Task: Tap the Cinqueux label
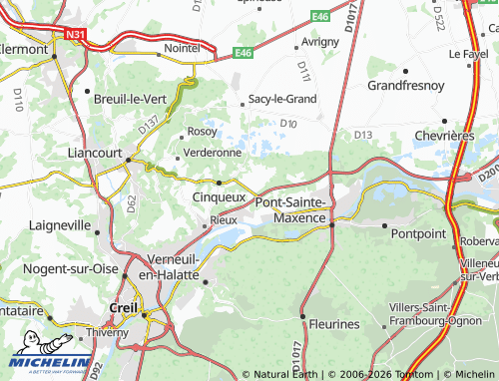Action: click(x=219, y=197)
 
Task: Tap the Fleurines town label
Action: click(x=332, y=324)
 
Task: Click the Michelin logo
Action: click(x=46, y=354)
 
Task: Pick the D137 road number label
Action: click(x=148, y=126)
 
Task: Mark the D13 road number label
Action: click(x=363, y=135)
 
